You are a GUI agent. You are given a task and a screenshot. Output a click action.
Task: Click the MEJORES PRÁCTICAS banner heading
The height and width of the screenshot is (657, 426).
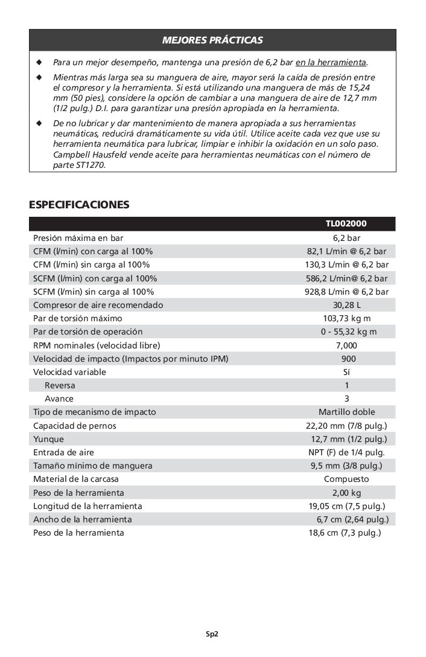(212, 40)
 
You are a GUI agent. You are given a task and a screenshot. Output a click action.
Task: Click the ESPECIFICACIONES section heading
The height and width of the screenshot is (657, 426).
(79, 205)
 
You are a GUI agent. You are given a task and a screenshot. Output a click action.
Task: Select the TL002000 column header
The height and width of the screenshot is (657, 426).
(346, 223)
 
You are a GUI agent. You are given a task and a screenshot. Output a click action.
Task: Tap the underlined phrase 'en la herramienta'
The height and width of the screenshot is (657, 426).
(331, 62)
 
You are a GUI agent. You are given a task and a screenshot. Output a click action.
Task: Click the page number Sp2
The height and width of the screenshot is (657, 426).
(211, 634)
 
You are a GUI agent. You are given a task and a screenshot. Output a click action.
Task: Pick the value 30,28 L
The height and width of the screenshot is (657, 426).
(346, 305)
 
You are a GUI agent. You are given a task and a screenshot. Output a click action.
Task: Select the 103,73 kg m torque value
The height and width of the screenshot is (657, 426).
(346, 318)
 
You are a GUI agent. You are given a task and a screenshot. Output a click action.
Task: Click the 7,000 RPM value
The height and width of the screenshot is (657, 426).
(346, 345)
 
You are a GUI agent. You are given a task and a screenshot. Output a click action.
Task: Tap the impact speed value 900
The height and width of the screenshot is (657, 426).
(346, 359)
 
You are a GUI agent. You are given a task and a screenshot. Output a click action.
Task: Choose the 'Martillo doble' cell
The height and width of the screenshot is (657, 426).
(346, 412)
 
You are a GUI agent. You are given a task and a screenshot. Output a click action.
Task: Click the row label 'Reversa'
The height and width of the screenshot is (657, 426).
(60, 385)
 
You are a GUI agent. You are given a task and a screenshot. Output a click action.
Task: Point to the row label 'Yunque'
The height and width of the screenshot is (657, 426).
(48, 439)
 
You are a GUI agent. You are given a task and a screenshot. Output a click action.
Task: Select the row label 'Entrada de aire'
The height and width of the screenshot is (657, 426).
(63, 452)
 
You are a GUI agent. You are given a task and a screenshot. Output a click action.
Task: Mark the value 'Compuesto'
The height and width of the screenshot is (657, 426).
(346, 479)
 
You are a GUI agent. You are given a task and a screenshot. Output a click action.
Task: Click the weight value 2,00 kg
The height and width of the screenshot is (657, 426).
(346, 493)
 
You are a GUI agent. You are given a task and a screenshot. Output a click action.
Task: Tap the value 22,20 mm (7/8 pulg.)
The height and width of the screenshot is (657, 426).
(346, 426)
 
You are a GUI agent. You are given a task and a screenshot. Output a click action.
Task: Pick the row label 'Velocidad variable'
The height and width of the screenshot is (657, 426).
(69, 372)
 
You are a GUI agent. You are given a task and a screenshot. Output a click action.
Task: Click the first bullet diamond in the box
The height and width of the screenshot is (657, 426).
(39, 62)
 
